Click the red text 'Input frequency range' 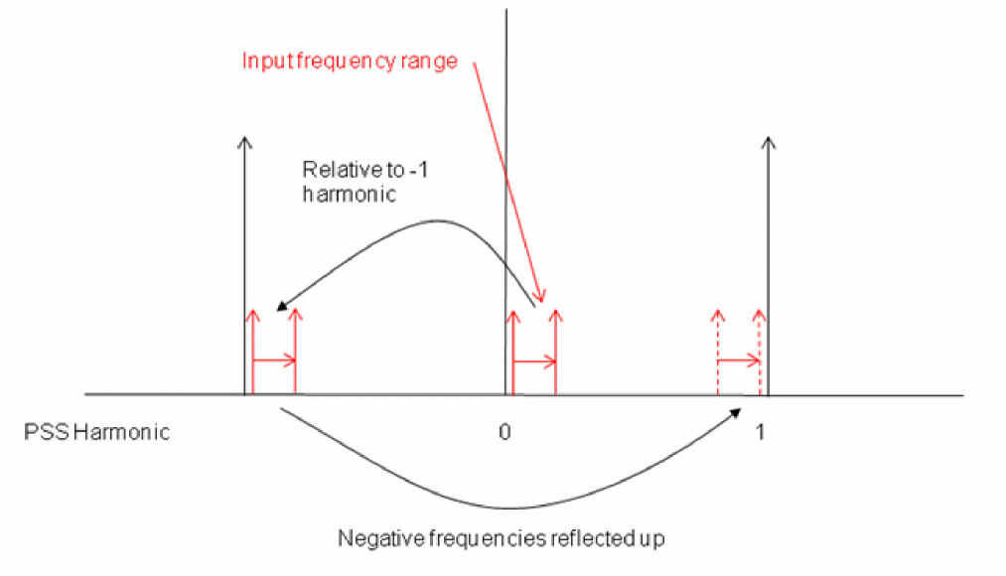pos(350,62)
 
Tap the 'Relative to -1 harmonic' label pos(365,182)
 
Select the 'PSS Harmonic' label pos(97,432)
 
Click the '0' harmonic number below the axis pos(504,432)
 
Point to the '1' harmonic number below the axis pos(760,432)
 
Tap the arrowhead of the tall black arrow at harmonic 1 pos(768,142)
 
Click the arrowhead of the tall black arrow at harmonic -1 pos(244,142)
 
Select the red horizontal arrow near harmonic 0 pos(534,362)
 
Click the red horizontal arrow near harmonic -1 pos(274,360)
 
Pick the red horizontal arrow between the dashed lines pos(739,361)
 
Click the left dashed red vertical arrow pos(718,353)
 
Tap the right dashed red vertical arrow pos(760,353)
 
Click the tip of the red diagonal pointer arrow pos(543,301)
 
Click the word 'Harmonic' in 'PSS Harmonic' pos(122,432)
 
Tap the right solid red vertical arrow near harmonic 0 pos(555,353)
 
